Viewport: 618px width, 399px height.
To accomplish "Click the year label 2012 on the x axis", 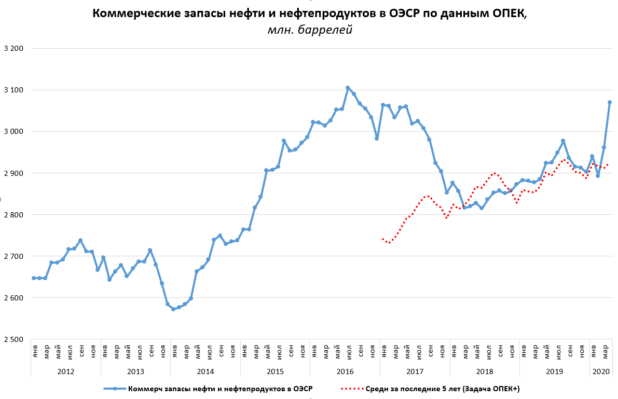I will point(65,372).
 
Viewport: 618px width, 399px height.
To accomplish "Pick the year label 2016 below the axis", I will point(345,372).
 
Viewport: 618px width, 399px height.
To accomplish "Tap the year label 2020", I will point(601,372).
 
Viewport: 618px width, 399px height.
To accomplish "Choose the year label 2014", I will point(205,372).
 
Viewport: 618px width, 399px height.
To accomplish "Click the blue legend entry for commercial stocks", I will point(208,389).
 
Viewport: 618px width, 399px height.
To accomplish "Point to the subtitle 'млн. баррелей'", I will point(310,30).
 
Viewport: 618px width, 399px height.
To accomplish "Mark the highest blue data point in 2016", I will point(348,88).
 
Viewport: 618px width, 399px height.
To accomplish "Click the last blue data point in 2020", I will point(610,102).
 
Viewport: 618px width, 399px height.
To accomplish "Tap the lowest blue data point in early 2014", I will point(173,309).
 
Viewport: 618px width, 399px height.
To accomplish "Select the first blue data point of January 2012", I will point(34,278).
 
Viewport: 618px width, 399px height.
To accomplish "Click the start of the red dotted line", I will point(382,239).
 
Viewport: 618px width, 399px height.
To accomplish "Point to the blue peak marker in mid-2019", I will point(563,141).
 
